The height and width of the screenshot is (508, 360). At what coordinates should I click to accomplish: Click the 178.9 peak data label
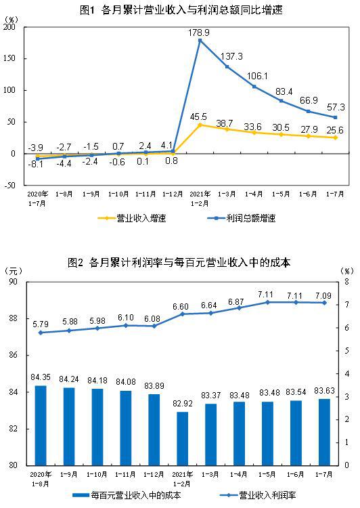(200, 32)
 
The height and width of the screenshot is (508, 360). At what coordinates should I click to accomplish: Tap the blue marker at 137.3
(227, 66)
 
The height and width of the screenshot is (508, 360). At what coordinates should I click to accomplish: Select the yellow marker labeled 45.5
(200, 125)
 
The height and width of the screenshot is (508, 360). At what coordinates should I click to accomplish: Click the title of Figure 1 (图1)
(180, 9)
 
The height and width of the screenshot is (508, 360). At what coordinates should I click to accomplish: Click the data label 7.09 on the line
(325, 295)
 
